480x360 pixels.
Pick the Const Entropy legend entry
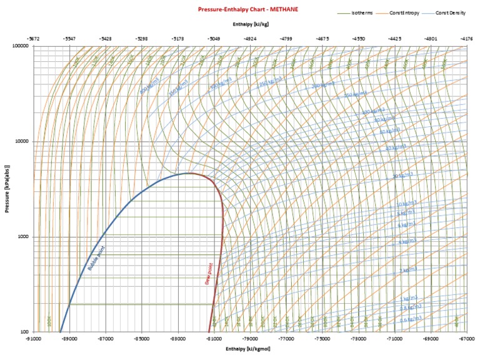(407, 12)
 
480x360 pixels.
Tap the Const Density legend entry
(451, 12)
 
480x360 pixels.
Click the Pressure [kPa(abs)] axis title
(7, 189)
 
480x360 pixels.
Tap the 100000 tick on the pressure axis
(20, 46)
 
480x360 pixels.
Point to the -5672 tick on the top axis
(34, 38)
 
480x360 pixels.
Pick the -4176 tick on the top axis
(466, 38)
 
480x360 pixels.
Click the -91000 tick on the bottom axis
(34, 339)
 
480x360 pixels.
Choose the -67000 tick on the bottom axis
(466, 339)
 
